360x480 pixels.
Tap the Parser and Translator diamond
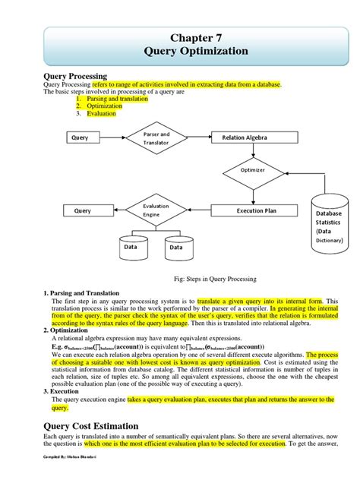point(156,137)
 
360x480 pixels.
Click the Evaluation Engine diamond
point(156,210)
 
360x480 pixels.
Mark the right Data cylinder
point(176,246)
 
